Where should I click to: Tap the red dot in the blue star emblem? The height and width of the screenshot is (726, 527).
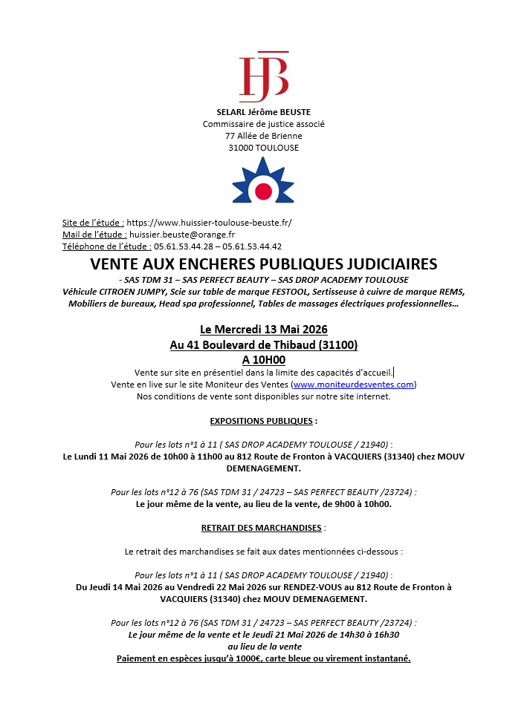coord(263,192)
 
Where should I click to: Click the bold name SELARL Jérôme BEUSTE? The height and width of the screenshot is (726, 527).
coord(263,112)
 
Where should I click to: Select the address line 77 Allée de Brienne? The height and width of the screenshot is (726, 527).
coord(263,136)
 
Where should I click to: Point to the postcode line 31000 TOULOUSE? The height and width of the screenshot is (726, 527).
coord(263,148)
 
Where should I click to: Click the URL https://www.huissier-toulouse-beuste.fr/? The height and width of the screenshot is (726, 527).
coord(210,222)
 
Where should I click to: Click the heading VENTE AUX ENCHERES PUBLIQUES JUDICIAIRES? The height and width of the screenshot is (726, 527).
coord(263,264)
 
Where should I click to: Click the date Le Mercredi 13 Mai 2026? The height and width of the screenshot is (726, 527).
coord(263,329)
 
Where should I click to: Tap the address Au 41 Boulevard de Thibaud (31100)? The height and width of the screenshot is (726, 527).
coord(263,344)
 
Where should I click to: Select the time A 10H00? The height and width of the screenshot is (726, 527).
coord(263,360)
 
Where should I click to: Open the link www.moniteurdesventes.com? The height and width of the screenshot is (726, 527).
coord(353,385)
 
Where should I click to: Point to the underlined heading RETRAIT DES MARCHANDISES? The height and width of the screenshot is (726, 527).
coord(261,528)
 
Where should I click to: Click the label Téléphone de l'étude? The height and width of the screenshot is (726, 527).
coord(106,246)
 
